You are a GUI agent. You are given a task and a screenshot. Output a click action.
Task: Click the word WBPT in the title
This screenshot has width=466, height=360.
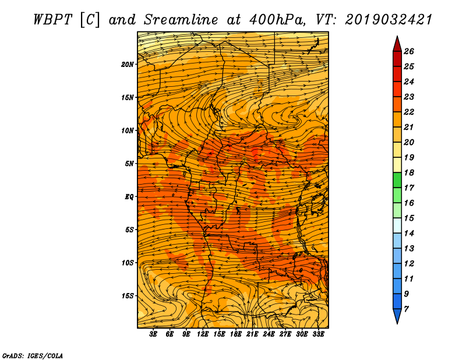tap(51, 19)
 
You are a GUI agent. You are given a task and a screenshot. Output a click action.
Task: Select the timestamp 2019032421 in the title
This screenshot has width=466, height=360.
tap(389, 19)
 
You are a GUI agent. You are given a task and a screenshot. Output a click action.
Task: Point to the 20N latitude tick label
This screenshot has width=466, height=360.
tap(128, 64)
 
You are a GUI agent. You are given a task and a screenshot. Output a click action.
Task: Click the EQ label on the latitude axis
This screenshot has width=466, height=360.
tap(129, 196)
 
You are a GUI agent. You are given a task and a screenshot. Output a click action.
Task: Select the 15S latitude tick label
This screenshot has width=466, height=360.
tap(128, 295)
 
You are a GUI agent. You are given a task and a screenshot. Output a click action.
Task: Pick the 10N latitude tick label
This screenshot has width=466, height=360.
tap(128, 130)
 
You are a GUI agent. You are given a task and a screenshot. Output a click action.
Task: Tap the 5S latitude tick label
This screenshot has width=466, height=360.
tap(130, 230)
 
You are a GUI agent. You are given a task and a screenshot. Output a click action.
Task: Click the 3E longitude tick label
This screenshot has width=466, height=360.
tap(154, 334)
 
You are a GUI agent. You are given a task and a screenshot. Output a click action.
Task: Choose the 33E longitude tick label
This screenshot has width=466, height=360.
tap(318, 334)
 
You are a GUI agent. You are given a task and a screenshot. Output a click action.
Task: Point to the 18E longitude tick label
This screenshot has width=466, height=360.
tap(236, 334)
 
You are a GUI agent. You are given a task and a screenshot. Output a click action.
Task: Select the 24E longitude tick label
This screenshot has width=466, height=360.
tap(269, 334)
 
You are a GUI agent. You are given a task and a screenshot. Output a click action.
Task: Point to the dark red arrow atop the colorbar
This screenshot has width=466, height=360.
tap(397, 43)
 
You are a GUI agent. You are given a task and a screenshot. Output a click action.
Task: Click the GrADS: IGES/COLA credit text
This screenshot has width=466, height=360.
tap(32, 355)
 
